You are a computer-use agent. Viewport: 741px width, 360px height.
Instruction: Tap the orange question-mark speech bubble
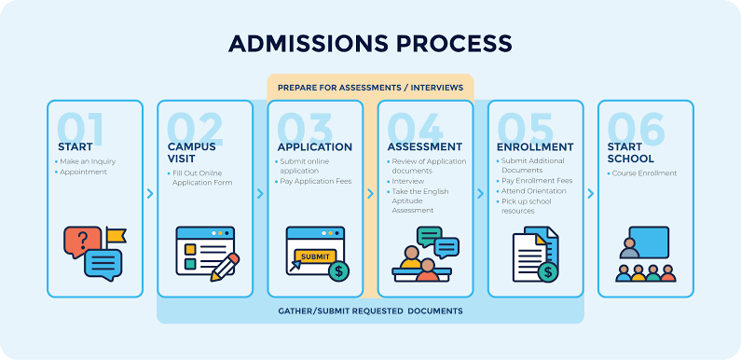pyautogui.click(x=82, y=242)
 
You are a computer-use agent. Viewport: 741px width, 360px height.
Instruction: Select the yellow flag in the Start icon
pyautogui.click(x=116, y=235)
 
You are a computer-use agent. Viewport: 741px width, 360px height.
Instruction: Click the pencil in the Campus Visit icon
pyautogui.click(x=225, y=267)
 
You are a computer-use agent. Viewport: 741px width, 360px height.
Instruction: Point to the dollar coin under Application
pyautogui.click(x=339, y=271)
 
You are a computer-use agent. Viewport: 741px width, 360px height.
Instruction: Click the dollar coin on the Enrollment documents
pyautogui.click(x=548, y=272)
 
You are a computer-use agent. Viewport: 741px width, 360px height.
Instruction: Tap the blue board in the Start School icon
pyautogui.click(x=649, y=242)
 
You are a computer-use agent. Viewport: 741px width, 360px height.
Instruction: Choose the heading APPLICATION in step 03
pyautogui.click(x=315, y=147)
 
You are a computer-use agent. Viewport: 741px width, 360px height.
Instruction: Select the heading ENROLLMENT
pyautogui.click(x=535, y=147)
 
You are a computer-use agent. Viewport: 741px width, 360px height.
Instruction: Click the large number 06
pyautogui.click(x=636, y=129)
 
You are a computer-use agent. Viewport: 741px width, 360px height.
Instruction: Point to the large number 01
pyautogui.click(x=80, y=129)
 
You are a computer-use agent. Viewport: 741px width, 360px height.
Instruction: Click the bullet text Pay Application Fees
pyautogui.click(x=316, y=181)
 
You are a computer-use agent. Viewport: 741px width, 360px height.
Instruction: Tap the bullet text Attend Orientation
pyautogui.click(x=533, y=191)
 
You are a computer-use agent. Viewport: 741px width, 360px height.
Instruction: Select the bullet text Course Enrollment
pyautogui.click(x=644, y=173)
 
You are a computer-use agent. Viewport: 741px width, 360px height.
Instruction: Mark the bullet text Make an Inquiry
pyautogui.click(x=88, y=161)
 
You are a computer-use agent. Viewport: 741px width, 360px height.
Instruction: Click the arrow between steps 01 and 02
pyautogui.click(x=150, y=193)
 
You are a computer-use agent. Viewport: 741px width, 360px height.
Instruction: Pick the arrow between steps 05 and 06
pyautogui.click(x=591, y=193)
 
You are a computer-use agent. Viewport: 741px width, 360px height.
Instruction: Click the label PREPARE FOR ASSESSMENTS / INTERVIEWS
pyautogui.click(x=370, y=88)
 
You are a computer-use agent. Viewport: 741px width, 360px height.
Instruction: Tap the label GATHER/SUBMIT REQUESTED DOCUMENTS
pyautogui.click(x=370, y=311)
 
